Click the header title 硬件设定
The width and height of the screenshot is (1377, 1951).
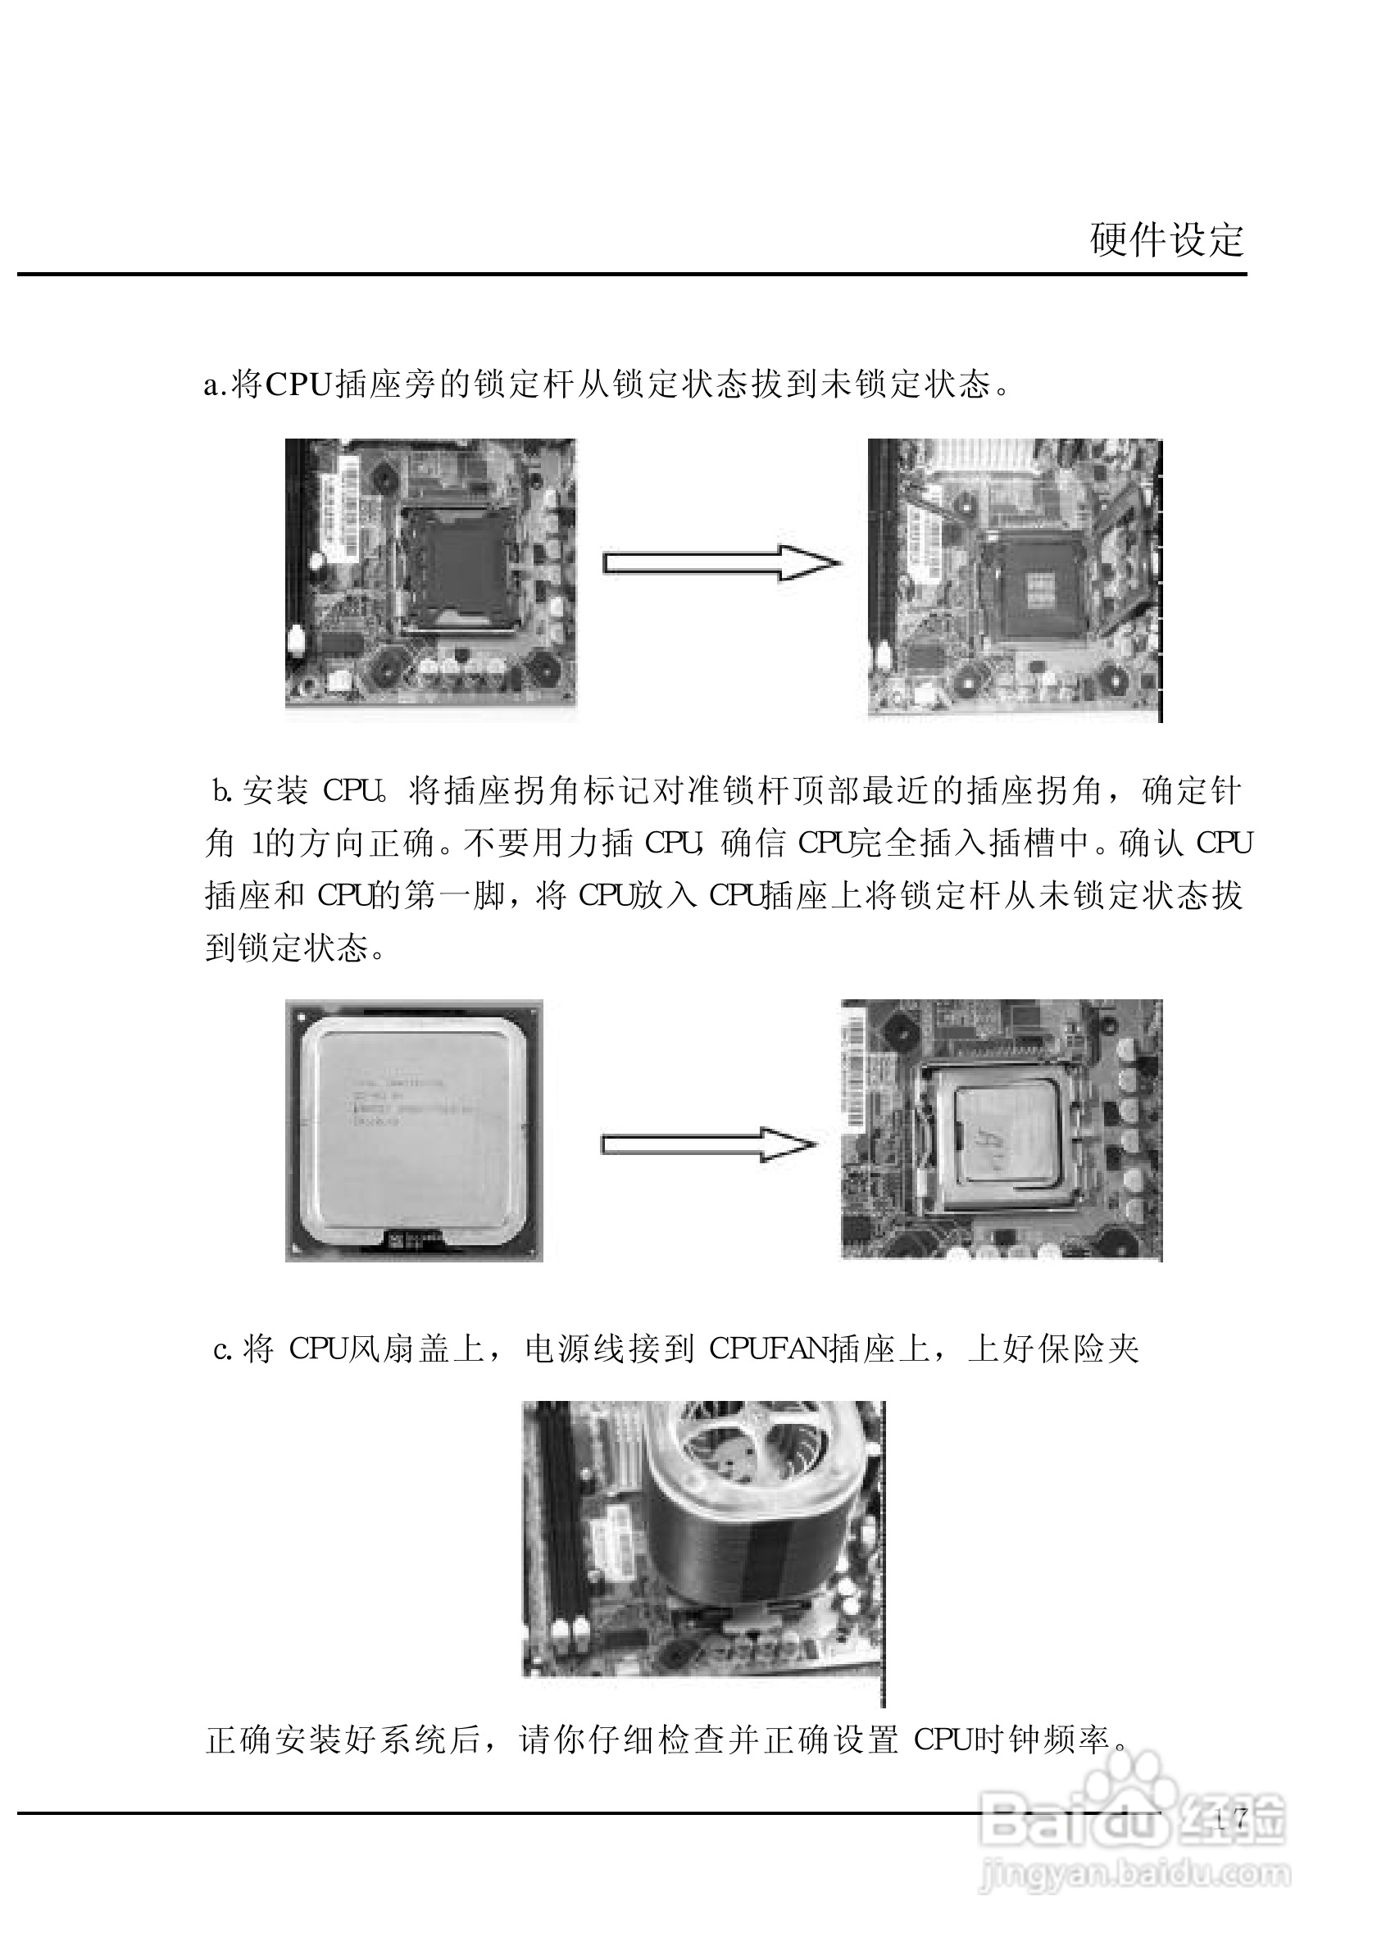pos(1166,240)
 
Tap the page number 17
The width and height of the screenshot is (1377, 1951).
pos(1231,1819)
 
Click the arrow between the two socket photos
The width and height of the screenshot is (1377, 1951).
pos(721,563)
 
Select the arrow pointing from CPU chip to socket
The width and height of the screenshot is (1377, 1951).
pos(707,1145)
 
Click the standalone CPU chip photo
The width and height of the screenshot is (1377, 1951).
pos(414,1131)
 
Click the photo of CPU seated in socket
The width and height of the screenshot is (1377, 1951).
pos(1001,1130)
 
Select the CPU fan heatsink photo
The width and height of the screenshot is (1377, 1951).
pos(702,1539)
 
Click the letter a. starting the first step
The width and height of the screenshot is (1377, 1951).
pos(215,386)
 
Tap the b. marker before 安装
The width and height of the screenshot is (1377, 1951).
pos(223,792)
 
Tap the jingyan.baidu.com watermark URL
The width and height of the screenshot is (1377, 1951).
pos(1134,1874)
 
